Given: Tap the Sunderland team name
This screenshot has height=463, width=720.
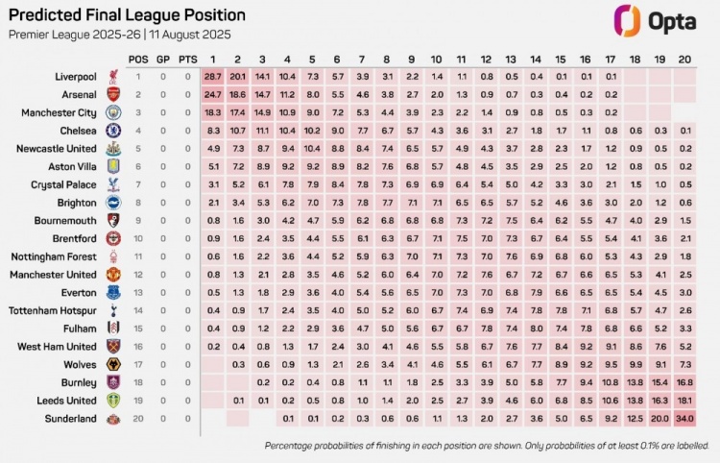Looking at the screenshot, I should [x=70, y=419].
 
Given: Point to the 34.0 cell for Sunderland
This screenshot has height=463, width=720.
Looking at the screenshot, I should [x=684, y=419].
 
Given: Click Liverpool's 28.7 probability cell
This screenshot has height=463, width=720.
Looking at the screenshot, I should [x=212, y=76].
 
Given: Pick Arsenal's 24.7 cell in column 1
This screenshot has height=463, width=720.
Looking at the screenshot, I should [x=212, y=94].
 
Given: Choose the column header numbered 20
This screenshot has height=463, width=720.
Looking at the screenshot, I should [x=684, y=59].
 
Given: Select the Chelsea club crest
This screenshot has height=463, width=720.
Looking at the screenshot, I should [x=113, y=131].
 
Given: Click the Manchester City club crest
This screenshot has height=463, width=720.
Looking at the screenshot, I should [x=113, y=112].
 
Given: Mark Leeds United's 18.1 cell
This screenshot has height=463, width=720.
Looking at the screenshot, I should [x=684, y=401].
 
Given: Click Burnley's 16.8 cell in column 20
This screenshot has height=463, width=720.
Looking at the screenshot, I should [x=684, y=382].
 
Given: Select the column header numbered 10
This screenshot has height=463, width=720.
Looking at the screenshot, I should [x=436, y=59].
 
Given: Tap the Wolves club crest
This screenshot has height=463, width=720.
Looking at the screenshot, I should [x=113, y=365].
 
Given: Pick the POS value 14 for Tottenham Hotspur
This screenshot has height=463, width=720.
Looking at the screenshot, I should [x=137, y=310].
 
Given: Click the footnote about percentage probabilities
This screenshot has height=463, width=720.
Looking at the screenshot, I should [x=487, y=446].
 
